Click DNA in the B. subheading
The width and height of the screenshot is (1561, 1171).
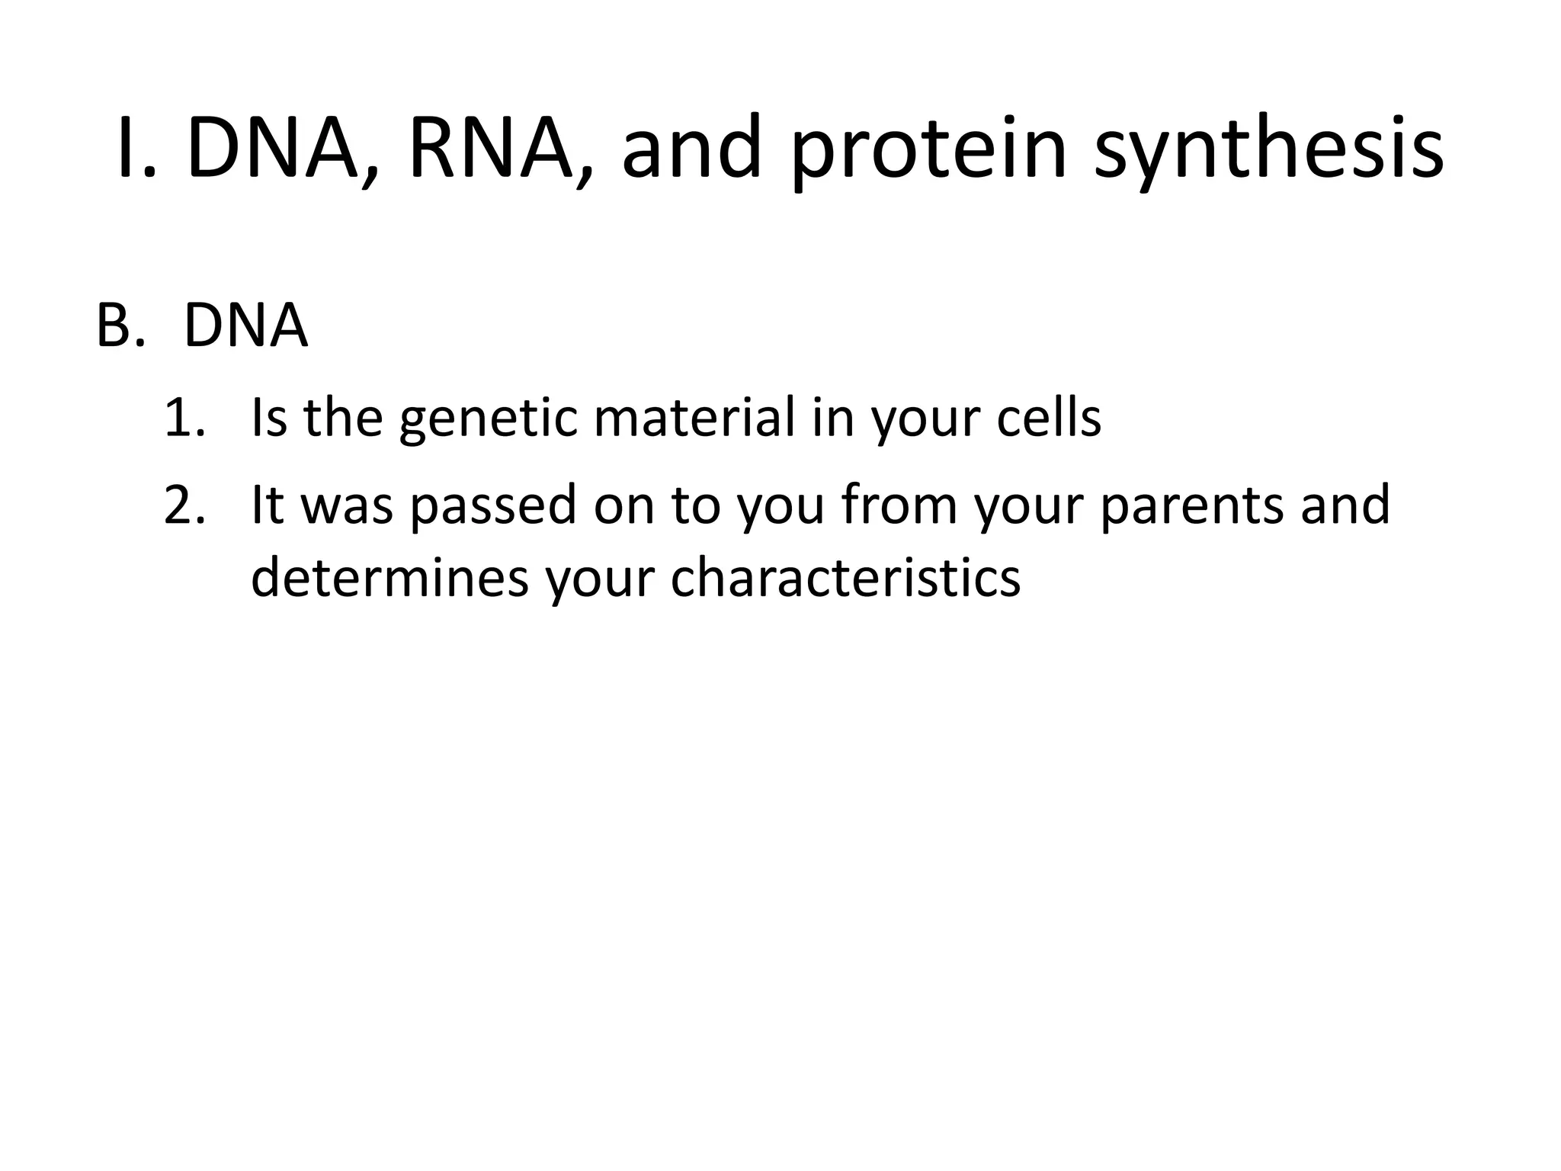click(x=245, y=326)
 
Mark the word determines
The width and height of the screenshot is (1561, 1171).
click(x=389, y=577)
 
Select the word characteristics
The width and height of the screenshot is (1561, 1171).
click(x=845, y=577)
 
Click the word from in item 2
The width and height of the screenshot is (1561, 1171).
click(x=899, y=505)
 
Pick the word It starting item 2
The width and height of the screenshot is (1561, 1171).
click(x=268, y=505)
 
